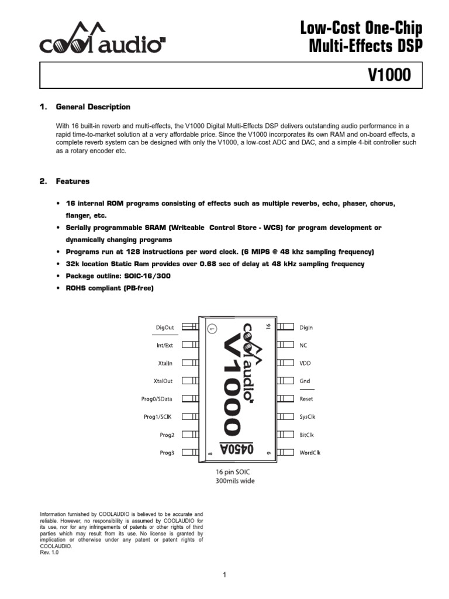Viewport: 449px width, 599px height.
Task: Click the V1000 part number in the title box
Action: click(x=389, y=75)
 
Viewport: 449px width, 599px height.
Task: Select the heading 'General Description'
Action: click(x=92, y=107)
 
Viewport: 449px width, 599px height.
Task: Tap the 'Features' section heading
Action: click(x=72, y=181)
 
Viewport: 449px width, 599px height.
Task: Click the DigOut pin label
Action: click(x=165, y=328)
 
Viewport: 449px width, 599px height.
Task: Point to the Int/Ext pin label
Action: click(x=164, y=345)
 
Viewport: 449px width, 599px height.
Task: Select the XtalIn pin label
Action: click(x=165, y=363)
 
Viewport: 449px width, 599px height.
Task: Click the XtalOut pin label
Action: click(x=163, y=381)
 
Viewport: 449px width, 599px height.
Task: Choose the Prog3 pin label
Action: click(x=167, y=452)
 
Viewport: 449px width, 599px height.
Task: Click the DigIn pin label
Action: click(x=306, y=328)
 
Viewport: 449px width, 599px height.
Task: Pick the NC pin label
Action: click(x=303, y=345)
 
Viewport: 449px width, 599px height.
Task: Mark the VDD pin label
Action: click(x=305, y=363)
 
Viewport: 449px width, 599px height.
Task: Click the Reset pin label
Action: click(x=306, y=399)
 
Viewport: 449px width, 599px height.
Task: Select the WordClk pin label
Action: click(x=310, y=452)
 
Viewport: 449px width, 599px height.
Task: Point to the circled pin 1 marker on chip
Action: click(x=212, y=329)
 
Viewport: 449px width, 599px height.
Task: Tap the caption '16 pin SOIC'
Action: click(x=235, y=471)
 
